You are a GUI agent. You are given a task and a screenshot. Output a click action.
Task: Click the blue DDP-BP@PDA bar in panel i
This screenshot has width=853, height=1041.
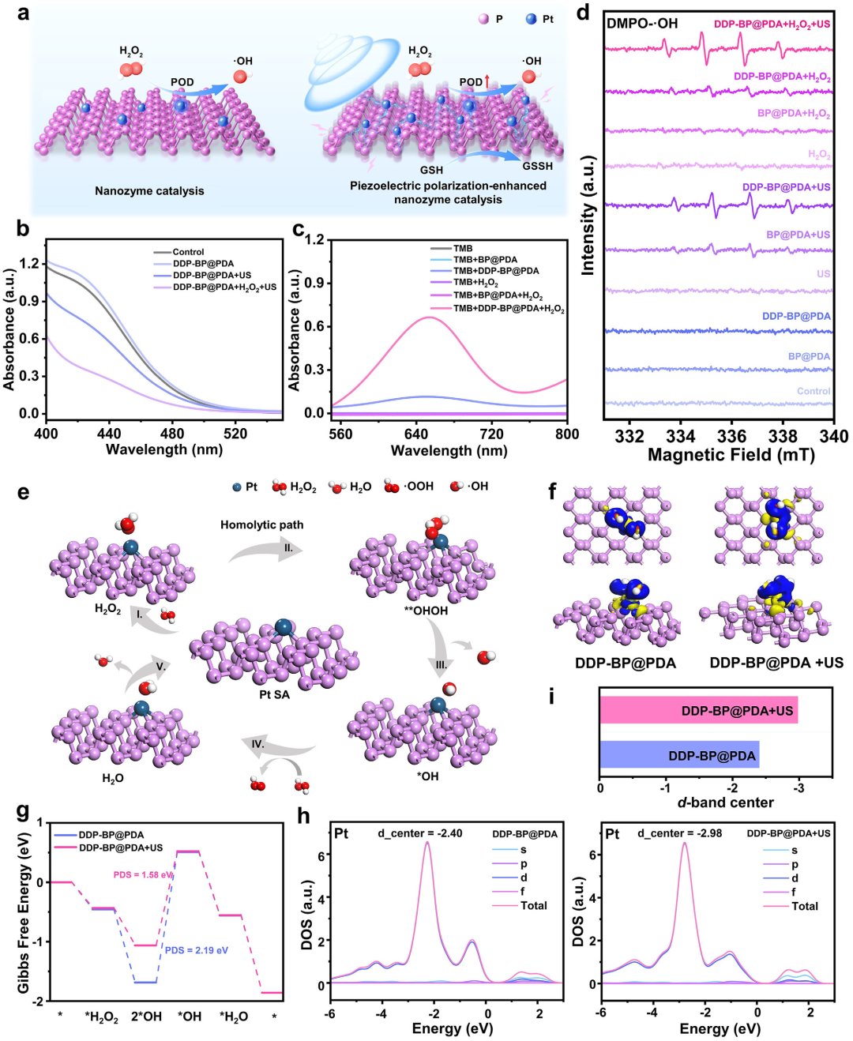click(679, 755)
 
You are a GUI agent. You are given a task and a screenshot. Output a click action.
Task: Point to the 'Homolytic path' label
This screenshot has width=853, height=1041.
click(261, 524)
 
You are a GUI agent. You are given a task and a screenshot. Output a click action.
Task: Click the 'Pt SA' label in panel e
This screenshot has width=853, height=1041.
click(275, 694)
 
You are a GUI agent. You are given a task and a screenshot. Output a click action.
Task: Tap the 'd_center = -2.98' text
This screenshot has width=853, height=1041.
click(680, 833)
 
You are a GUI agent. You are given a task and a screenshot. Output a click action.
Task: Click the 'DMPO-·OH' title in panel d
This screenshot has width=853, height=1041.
click(641, 23)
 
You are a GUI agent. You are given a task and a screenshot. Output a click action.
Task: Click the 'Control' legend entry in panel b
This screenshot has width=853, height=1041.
click(188, 252)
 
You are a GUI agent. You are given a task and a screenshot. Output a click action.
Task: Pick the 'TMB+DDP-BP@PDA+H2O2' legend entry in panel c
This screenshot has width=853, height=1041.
click(509, 310)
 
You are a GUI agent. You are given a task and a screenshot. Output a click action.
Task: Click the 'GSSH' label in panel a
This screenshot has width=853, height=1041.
click(538, 166)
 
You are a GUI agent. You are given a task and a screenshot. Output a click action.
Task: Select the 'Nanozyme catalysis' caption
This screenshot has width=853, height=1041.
click(149, 190)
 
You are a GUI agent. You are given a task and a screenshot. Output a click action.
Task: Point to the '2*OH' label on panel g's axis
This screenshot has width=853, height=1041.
click(146, 1017)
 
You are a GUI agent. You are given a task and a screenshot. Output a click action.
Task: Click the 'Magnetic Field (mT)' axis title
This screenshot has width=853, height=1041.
click(731, 455)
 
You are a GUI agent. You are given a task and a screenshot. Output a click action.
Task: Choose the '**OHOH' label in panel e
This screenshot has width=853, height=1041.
click(426, 611)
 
